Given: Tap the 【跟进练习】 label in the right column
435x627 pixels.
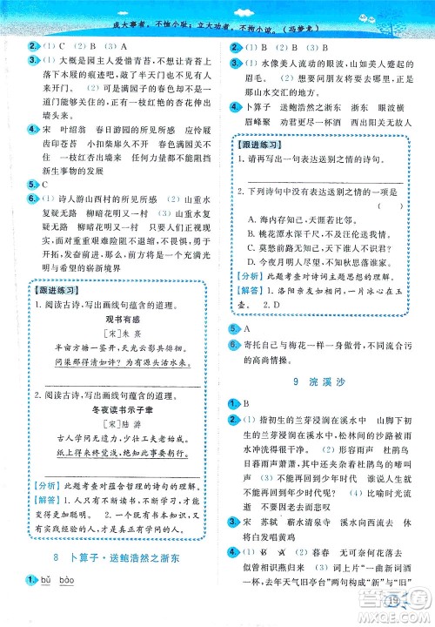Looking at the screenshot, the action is (258, 145).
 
